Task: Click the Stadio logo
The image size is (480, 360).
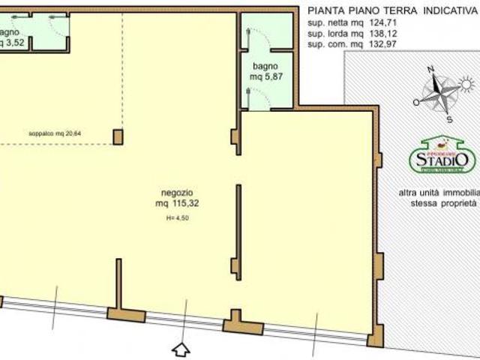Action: pyautogui.click(x=442, y=156)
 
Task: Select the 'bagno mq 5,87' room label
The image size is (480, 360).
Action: pyautogui.click(x=266, y=71)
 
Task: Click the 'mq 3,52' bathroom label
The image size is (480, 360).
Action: pyautogui.click(x=11, y=43)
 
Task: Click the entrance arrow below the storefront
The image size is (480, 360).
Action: pyautogui.click(x=181, y=349)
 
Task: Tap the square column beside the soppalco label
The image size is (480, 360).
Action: pyautogui.click(x=118, y=136)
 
